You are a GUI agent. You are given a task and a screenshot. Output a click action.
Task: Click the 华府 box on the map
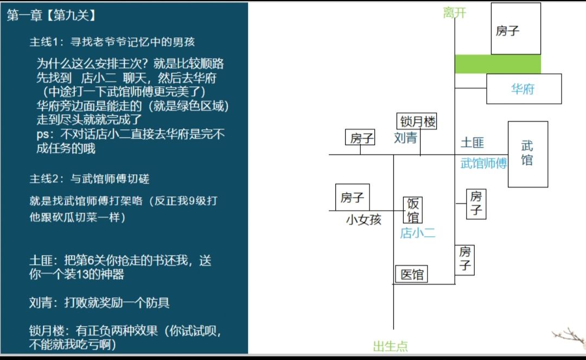(x=524, y=89)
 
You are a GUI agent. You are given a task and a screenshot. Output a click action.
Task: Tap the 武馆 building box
(x=528, y=154)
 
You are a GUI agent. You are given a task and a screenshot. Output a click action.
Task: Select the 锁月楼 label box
(x=417, y=121)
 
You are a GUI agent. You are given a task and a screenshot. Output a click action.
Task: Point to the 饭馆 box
(x=412, y=210)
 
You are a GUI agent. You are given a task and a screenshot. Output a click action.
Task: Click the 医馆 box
(x=411, y=274)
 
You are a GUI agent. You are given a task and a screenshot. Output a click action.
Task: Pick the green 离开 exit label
(x=455, y=13)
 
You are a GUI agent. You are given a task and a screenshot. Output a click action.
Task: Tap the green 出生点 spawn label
(x=390, y=346)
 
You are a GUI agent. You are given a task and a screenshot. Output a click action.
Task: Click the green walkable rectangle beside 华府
(x=498, y=64)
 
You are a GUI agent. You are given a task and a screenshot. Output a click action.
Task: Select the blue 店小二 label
(x=417, y=233)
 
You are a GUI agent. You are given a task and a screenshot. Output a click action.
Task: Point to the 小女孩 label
(x=364, y=219)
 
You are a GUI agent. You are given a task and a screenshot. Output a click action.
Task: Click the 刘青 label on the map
(x=405, y=138)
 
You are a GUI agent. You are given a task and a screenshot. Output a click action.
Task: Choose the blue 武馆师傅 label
(x=483, y=163)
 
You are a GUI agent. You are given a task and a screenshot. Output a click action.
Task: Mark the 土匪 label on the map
(x=473, y=142)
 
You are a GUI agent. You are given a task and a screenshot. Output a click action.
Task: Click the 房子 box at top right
(x=516, y=28)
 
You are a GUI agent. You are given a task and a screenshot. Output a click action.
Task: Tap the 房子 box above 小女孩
(x=353, y=197)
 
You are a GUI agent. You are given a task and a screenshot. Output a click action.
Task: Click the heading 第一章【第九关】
(x=52, y=15)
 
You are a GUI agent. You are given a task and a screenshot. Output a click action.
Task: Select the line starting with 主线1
(x=112, y=41)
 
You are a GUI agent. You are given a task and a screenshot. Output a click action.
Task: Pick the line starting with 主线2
(x=90, y=179)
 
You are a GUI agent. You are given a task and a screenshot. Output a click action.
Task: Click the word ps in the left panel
(x=43, y=134)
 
